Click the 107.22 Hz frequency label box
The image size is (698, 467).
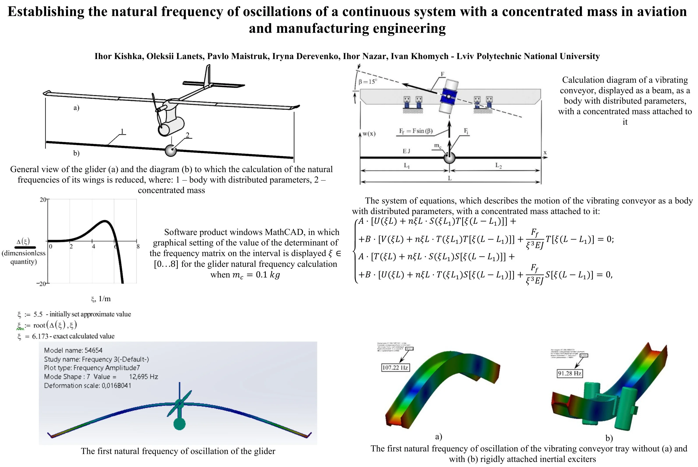pyautogui.click(x=395, y=367)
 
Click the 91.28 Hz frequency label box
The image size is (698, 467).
pyautogui.click(x=569, y=373)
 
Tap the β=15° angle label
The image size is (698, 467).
pyautogui.click(x=368, y=82)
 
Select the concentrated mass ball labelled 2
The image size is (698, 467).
pyautogui.click(x=171, y=151)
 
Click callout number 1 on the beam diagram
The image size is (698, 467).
pyautogui.click(x=122, y=131)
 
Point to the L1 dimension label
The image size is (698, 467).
pyautogui.click(x=407, y=166)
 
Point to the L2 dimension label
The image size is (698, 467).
pyautogui.click(x=498, y=166)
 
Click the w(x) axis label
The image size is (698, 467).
pyautogui.click(x=369, y=133)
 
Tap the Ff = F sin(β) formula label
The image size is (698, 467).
pyautogui.click(x=416, y=131)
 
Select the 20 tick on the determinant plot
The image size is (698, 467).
pyautogui.click(x=43, y=199)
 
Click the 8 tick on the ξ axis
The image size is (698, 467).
pyautogui.click(x=138, y=247)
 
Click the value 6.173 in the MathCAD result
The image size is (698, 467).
pyautogui.click(x=40, y=336)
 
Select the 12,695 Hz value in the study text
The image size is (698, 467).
pyautogui.click(x=143, y=377)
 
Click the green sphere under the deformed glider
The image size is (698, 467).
pyautogui.click(x=179, y=424)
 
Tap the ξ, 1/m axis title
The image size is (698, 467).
pyautogui.click(x=101, y=299)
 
